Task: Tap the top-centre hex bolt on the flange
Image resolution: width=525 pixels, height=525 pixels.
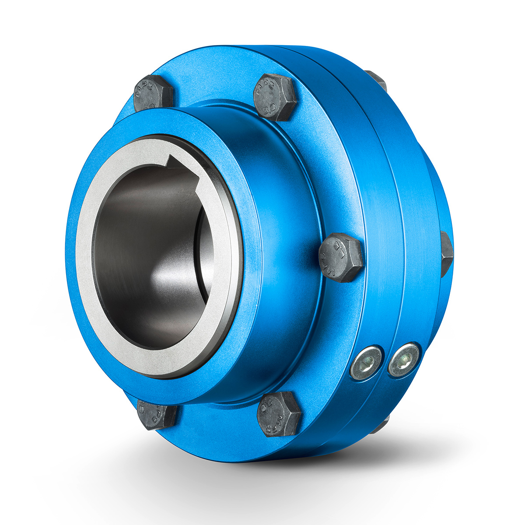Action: [275, 97]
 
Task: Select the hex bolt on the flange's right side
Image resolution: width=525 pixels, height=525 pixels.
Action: [340, 258]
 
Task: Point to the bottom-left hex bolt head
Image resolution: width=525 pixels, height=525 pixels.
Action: [156, 413]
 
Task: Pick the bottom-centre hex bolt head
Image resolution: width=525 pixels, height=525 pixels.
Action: [279, 413]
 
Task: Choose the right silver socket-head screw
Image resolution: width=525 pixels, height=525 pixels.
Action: [404, 359]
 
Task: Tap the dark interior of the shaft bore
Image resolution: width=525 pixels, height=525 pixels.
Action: [131, 262]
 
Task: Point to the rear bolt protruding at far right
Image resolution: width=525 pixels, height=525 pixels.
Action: [446, 254]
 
